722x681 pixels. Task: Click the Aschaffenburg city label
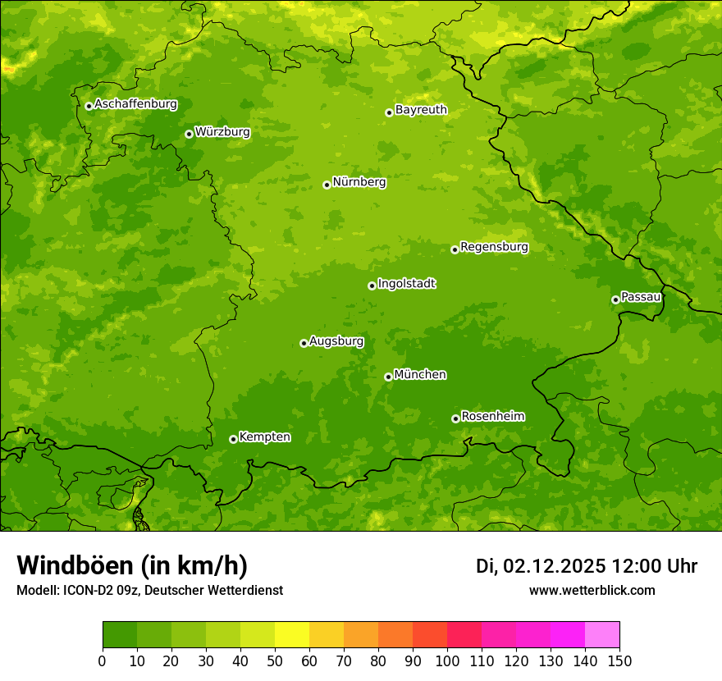[x=135, y=104]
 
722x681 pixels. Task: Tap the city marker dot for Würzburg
[x=189, y=134]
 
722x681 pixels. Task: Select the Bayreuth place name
[x=421, y=110]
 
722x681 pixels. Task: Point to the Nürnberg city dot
[x=327, y=185]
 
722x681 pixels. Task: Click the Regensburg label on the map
[x=494, y=247]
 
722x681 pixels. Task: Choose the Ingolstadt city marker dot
[x=372, y=286]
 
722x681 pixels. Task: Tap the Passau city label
[x=641, y=297]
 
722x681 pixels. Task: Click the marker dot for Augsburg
[x=304, y=343]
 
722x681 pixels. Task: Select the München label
[x=420, y=375]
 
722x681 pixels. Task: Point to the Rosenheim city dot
[x=455, y=418]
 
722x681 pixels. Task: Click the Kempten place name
[x=264, y=437]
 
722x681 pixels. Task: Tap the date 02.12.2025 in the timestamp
[x=555, y=566]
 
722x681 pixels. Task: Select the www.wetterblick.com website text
[x=592, y=590]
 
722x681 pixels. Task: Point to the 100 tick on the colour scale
[x=447, y=661]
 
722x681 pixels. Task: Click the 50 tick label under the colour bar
[x=275, y=661]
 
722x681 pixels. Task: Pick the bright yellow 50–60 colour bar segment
[x=292, y=635]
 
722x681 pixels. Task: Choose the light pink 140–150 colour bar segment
[x=602, y=635]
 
